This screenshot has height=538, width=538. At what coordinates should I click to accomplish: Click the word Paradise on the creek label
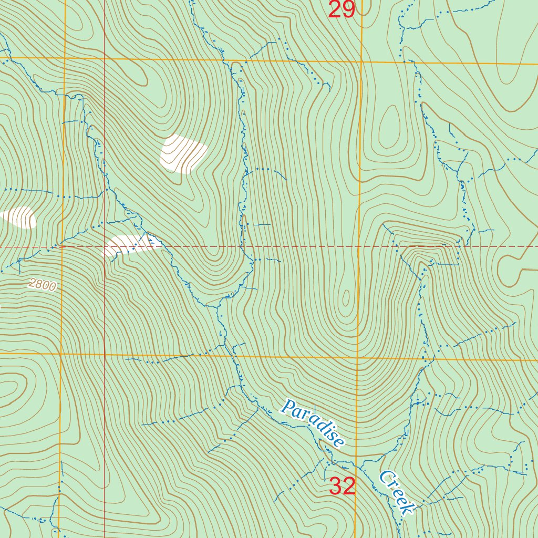(313, 423)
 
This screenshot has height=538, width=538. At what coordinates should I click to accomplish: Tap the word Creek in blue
(397, 493)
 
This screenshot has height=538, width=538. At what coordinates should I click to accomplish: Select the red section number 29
(342, 9)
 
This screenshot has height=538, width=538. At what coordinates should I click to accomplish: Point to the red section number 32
(343, 487)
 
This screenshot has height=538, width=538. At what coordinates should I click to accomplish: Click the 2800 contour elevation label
(42, 285)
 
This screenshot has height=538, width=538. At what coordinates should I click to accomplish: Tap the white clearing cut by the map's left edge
(19, 217)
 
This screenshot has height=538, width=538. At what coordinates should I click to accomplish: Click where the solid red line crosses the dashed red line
(105, 246)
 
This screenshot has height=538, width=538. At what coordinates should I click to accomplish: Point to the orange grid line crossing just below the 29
(361, 62)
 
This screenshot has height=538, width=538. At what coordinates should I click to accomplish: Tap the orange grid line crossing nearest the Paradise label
(357, 359)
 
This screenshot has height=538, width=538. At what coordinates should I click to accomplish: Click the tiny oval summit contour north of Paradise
(346, 298)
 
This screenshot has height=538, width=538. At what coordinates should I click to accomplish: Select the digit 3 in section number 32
(336, 487)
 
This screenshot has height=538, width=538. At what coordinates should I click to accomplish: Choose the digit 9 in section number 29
(349, 9)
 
